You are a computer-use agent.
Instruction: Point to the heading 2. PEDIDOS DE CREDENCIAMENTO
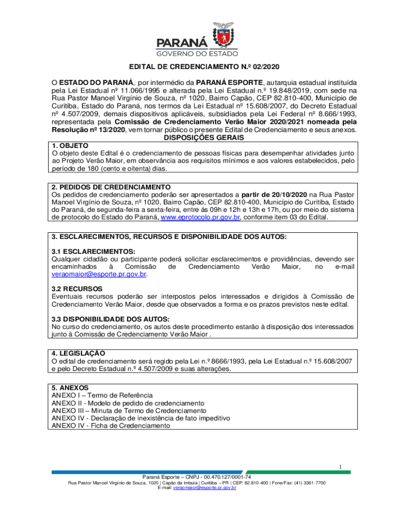coord(111,187)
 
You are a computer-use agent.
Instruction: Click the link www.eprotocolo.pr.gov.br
coord(200,217)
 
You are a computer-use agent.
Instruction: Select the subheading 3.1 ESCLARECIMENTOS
coord(93,251)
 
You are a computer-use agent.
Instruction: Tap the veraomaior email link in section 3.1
coord(99,274)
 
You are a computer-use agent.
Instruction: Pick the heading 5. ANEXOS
coord(70,387)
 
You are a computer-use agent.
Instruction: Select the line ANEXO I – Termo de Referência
coord(102,395)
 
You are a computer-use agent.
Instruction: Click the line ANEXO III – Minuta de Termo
coord(129,410)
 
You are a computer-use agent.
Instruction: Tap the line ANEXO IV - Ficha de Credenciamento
coord(111,425)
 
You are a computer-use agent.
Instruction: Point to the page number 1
coord(339,466)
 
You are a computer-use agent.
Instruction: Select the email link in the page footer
coord(204,488)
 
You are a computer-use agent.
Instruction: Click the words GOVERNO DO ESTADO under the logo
coord(196,53)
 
